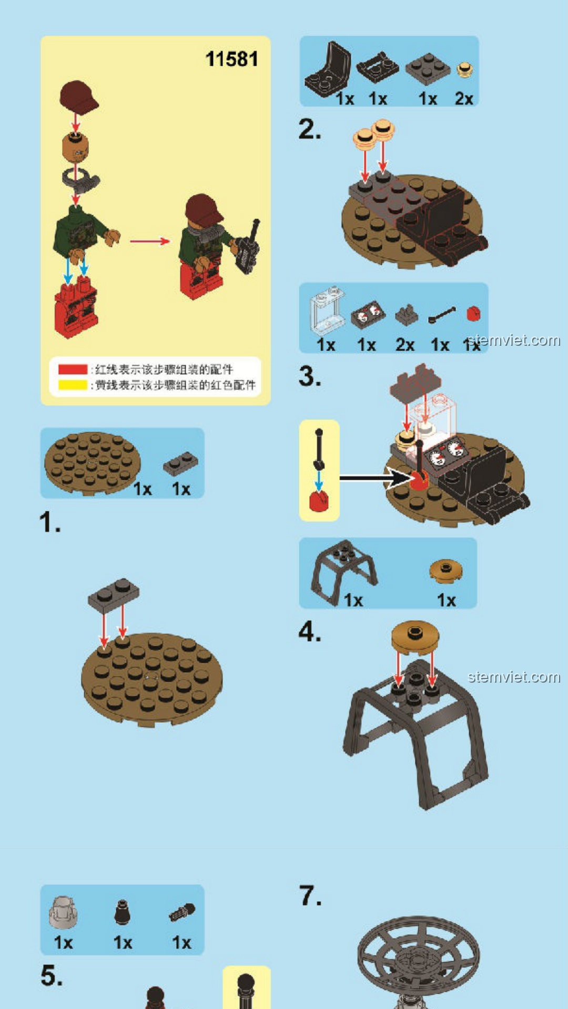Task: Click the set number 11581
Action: pyautogui.click(x=231, y=59)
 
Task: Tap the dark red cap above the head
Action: pyautogui.click(x=78, y=97)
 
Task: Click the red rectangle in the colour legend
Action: pyautogui.click(x=73, y=369)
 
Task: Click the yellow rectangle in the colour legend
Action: pyautogui.click(x=73, y=385)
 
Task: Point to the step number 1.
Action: pyautogui.click(x=50, y=523)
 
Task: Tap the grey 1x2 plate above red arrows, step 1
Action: pyautogui.click(x=114, y=595)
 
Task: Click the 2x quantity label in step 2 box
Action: pyautogui.click(x=464, y=98)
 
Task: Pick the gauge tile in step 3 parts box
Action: pyautogui.click(x=368, y=314)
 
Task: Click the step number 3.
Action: pyautogui.click(x=310, y=377)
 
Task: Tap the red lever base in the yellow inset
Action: pyautogui.click(x=319, y=501)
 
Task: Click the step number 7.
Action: pyautogui.click(x=310, y=895)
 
